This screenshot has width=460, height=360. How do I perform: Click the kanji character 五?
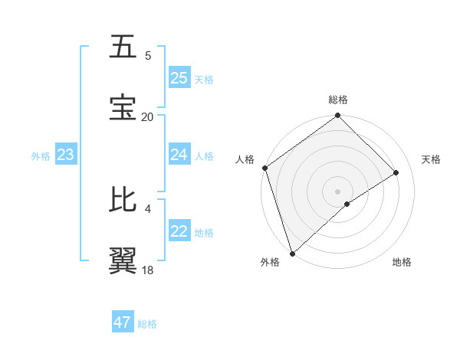point(123,47)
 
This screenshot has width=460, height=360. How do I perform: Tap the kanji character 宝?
point(123,107)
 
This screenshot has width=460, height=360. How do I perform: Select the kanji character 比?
point(123,199)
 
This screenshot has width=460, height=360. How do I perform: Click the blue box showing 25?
point(179,78)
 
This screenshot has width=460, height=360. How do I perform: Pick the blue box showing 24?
point(179,155)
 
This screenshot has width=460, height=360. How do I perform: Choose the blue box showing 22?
point(179,232)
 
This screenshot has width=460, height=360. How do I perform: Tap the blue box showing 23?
point(65,155)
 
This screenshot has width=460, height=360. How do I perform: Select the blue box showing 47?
point(122,322)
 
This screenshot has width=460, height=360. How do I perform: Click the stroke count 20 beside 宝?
point(147,116)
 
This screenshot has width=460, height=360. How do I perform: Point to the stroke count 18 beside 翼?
point(147,270)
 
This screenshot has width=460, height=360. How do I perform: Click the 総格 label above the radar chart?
point(338,100)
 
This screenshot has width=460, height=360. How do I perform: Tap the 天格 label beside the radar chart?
point(431,159)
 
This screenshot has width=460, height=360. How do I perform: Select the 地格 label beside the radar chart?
point(402,262)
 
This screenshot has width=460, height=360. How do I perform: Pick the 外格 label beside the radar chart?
point(270,262)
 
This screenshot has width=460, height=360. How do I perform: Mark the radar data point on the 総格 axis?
point(338,116)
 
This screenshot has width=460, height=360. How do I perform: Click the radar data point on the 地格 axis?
point(347,204)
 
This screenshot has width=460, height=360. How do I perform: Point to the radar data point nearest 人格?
point(264,168)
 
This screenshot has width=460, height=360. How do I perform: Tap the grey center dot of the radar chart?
point(338,191)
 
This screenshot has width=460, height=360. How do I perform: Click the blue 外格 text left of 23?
point(41,156)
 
